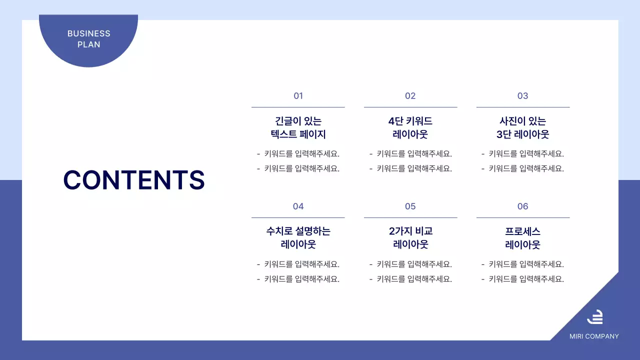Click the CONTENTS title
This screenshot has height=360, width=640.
(x=134, y=180)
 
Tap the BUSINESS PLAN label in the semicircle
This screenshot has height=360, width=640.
(x=89, y=39)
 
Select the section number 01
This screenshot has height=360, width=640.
(x=298, y=96)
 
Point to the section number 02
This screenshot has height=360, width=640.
(x=410, y=96)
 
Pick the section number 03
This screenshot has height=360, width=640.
(x=522, y=96)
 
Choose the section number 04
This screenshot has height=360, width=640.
(x=298, y=206)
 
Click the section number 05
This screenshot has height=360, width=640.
(x=410, y=206)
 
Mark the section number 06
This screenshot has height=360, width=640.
(x=522, y=206)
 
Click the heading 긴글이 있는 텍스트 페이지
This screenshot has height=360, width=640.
(x=298, y=127)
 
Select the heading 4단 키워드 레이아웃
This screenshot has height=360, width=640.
(x=410, y=127)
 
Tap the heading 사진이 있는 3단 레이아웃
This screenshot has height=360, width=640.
(x=522, y=127)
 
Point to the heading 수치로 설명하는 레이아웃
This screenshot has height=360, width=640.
(x=298, y=238)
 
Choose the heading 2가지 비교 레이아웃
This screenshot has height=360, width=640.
(x=410, y=238)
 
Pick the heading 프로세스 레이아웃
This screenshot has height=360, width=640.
(x=522, y=238)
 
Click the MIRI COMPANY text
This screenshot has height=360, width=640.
(x=594, y=336)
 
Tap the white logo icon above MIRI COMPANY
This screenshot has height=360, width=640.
(x=594, y=317)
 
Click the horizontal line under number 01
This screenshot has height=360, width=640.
(x=298, y=107)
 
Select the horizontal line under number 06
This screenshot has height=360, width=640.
(x=522, y=217)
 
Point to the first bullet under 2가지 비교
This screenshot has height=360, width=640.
(x=410, y=264)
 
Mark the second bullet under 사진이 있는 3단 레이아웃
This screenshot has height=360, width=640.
(x=522, y=168)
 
